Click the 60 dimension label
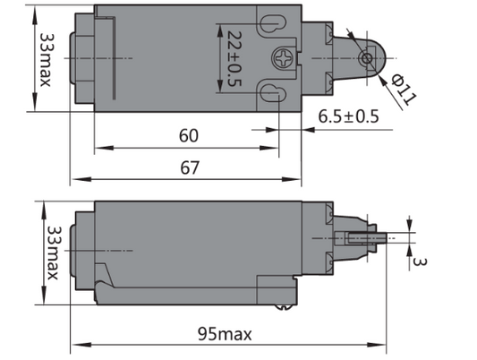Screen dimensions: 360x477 (189, 136)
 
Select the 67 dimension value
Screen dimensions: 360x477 (189, 167)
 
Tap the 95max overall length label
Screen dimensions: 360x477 (224, 334)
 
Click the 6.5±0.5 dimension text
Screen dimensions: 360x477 (348, 116)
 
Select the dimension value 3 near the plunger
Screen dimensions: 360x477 (417, 261)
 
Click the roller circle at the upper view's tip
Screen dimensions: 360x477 (365, 59)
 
